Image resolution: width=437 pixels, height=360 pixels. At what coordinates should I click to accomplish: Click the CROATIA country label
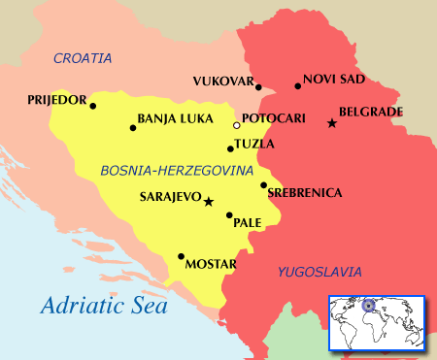point(83,58)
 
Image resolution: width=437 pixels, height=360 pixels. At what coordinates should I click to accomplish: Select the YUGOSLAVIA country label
point(319,272)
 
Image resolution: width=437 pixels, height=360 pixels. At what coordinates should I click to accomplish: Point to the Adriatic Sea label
point(104,306)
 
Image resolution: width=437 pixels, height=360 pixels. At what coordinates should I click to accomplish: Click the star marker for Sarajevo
point(208,201)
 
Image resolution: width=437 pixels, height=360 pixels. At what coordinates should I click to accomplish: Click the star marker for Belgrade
point(332,123)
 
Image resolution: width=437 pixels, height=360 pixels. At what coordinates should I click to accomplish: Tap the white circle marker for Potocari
point(236,125)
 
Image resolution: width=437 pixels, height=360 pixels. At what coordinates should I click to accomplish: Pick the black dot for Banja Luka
point(133,127)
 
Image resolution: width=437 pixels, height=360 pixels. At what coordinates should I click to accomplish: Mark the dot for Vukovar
point(258,87)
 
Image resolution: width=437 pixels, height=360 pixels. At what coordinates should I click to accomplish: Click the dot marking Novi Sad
point(298,86)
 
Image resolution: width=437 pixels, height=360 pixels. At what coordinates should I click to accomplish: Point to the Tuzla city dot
point(230,148)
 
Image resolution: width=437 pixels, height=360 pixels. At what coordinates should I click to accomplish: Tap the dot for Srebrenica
point(263,184)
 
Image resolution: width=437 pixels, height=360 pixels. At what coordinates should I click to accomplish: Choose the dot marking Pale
point(229,215)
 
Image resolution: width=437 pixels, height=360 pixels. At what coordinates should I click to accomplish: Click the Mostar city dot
point(181,257)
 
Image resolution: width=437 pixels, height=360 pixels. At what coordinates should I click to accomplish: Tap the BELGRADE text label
point(370,112)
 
